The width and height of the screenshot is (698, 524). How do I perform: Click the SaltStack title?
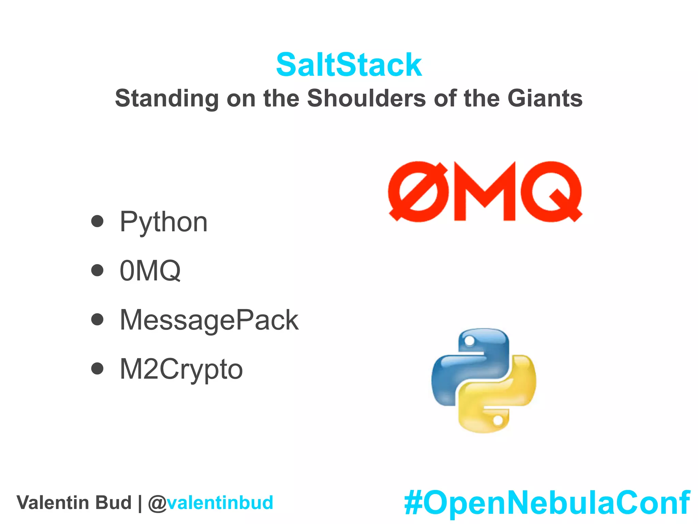[x=349, y=65]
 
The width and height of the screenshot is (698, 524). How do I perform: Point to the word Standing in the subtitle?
[x=167, y=98]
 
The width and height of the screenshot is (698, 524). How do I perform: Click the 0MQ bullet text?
[x=150, y=271]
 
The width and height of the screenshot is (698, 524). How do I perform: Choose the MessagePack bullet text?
[x=209, y=320]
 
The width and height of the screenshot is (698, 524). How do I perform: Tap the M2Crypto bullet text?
[x=181, y=369]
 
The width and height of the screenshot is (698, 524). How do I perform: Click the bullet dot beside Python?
[x=97, y=221]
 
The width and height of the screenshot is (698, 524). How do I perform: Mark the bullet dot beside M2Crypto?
[x=97, y=368]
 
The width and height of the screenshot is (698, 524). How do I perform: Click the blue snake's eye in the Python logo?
[x=470, y=340]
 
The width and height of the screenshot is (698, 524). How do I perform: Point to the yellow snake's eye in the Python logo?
[x=498, y=420]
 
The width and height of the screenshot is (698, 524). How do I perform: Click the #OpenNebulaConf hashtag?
[x=547, y=503]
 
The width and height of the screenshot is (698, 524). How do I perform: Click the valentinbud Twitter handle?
[x=220, y=503]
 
